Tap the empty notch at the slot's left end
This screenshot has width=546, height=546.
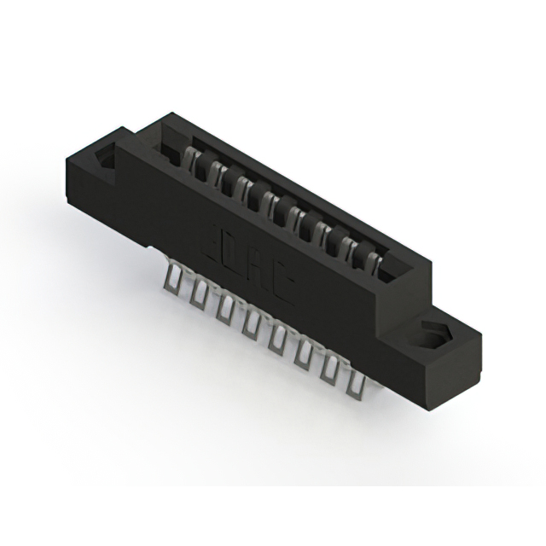(x=164, y=146)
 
